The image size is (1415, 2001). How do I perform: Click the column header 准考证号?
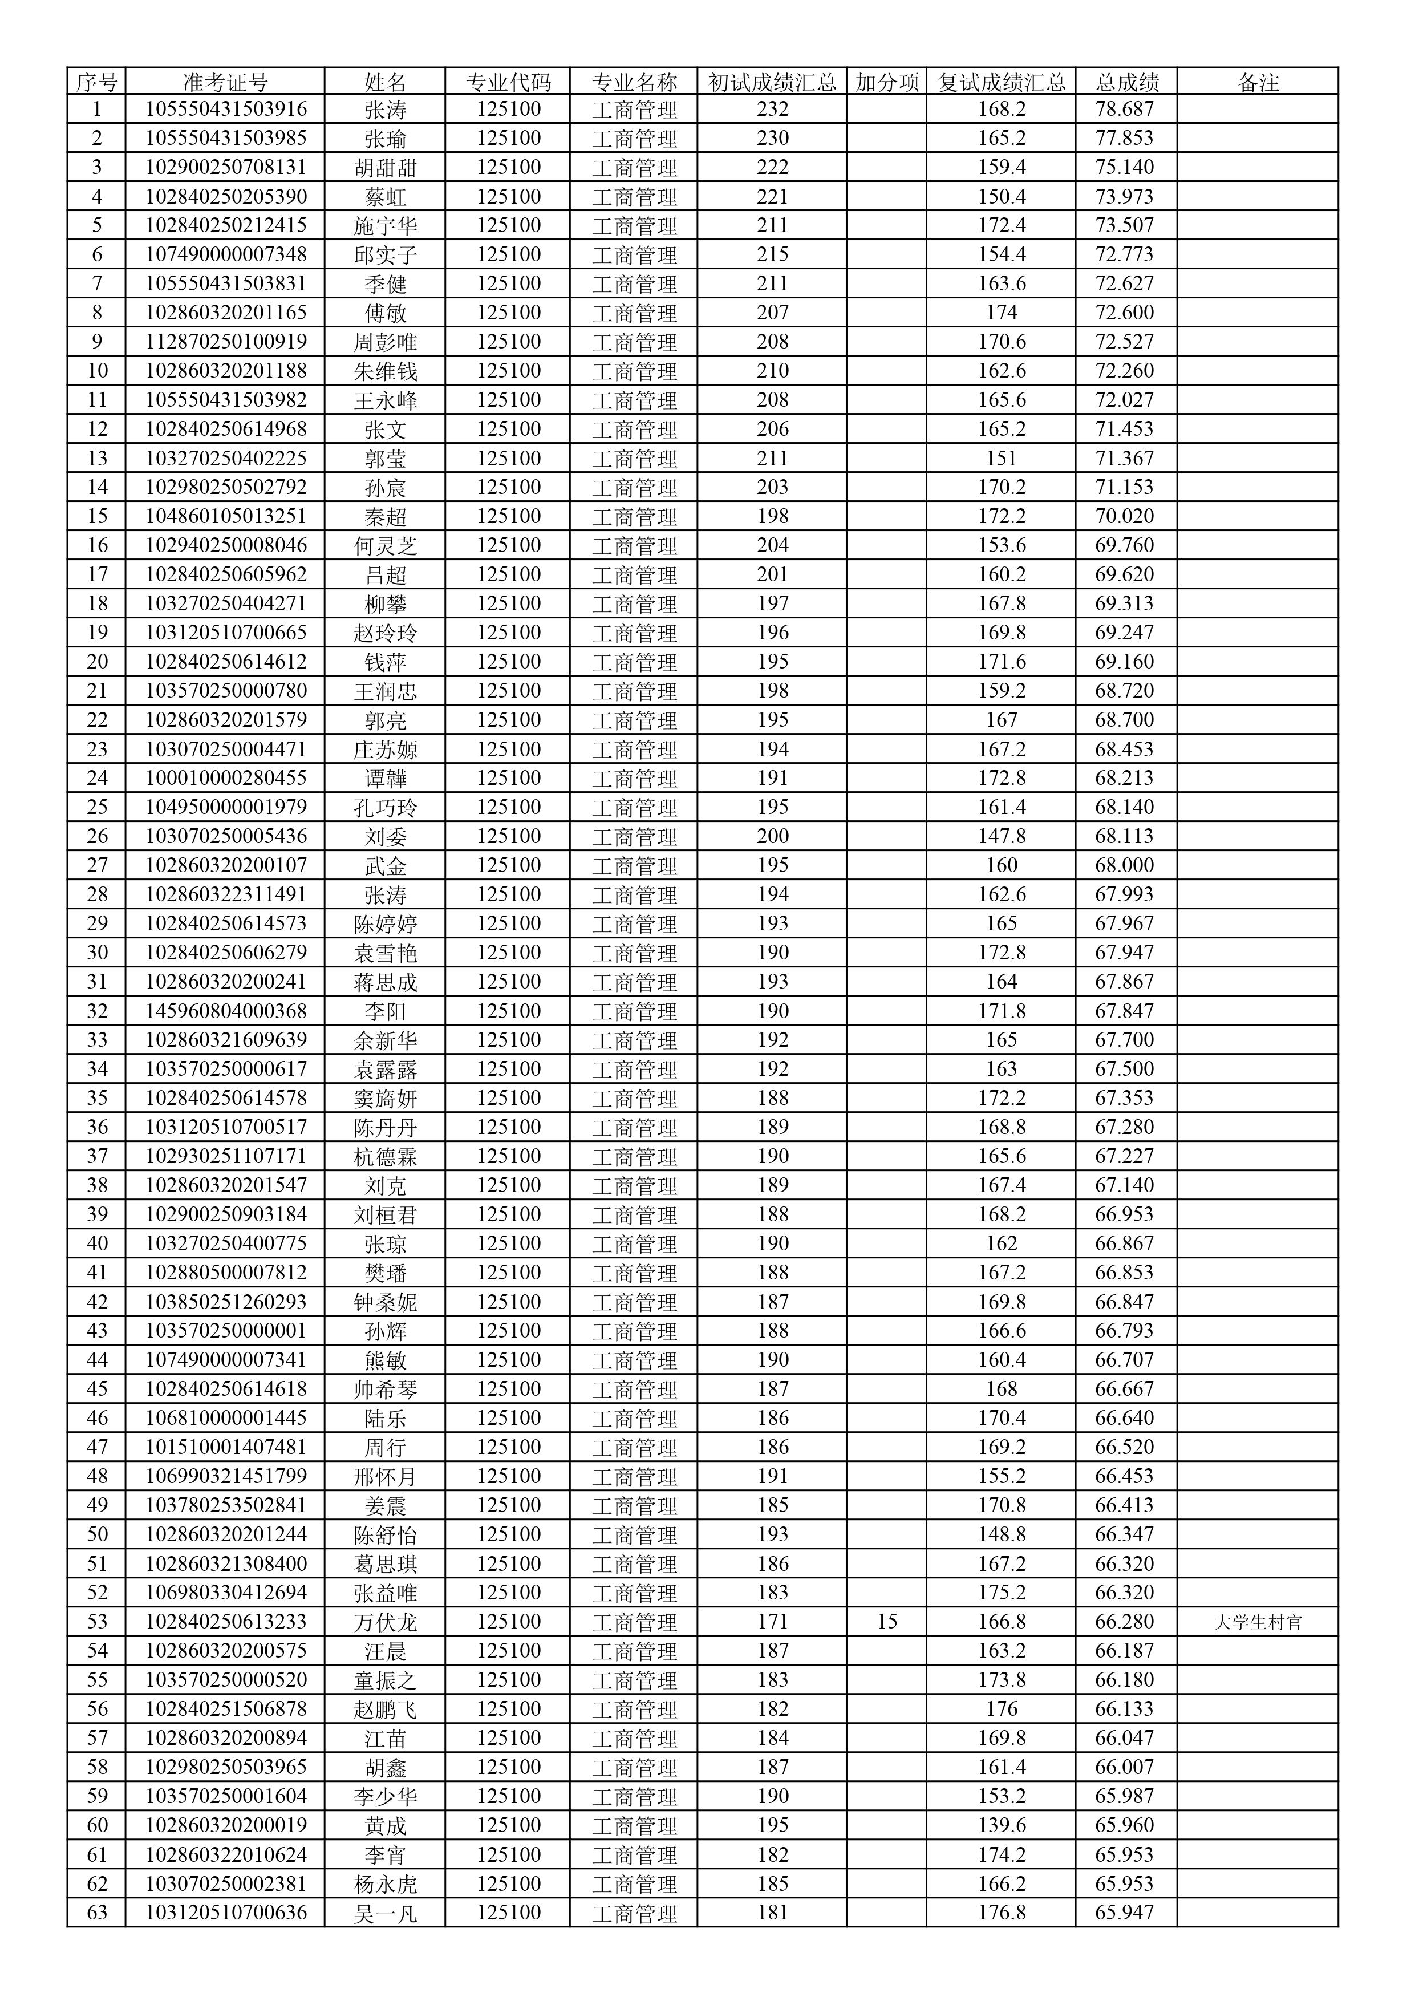(225, 82)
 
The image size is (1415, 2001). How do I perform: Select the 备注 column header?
(1257, 82)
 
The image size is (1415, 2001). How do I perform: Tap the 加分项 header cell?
(886, 82)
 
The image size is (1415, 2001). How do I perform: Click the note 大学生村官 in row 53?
(1257, 1622)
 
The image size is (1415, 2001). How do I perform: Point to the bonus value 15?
(886, 1621)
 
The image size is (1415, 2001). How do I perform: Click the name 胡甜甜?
(385, 167)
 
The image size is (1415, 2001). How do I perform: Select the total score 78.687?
(1124, 109)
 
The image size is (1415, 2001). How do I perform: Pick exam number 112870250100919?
(225, 342)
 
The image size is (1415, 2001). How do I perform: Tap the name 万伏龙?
(385, 1622)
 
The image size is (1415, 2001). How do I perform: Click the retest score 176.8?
(1001, 1913)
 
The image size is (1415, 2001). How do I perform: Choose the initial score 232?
(772, 109)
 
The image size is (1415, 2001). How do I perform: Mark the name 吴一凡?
(385, 1914)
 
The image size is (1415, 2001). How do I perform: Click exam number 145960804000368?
(225, 1011)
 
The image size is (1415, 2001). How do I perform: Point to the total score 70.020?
(1124, 516)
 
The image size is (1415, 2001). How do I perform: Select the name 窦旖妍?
(385, 1098)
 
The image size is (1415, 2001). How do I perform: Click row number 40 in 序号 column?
(97, 1243)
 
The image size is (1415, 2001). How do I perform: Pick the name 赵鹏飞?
(385, 1709)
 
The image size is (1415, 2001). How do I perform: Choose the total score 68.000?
(1124, 865)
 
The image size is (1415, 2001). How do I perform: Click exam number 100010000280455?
(225, 777)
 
